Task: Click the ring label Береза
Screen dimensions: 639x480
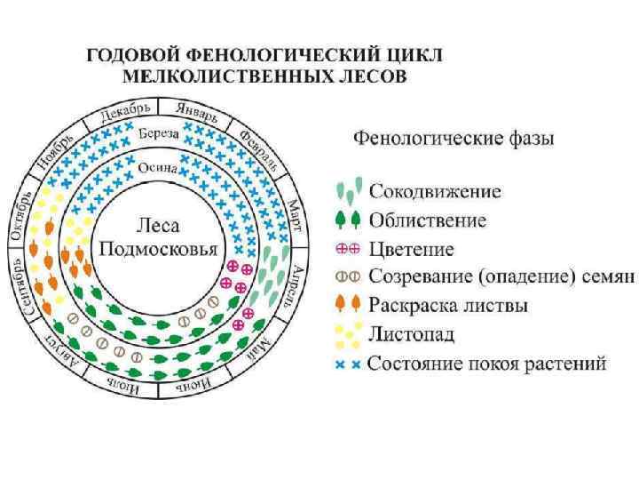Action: [159, 133]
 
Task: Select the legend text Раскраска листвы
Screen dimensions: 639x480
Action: [448, 305]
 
